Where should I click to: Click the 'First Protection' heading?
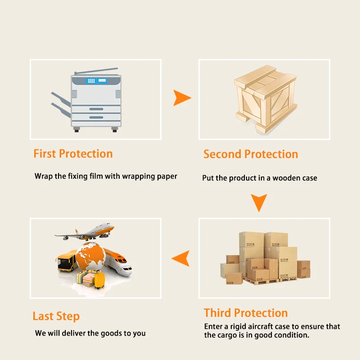coord(73,153)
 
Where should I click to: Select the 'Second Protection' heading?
coord(251,154)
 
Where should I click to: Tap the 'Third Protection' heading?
coord(246,313)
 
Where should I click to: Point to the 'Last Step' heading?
coord(56,316)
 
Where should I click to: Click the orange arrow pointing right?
coord(182,98)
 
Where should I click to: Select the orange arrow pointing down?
coord(259,202)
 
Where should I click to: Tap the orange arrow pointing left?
coord(180,258)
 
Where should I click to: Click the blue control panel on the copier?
coord(96,81)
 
